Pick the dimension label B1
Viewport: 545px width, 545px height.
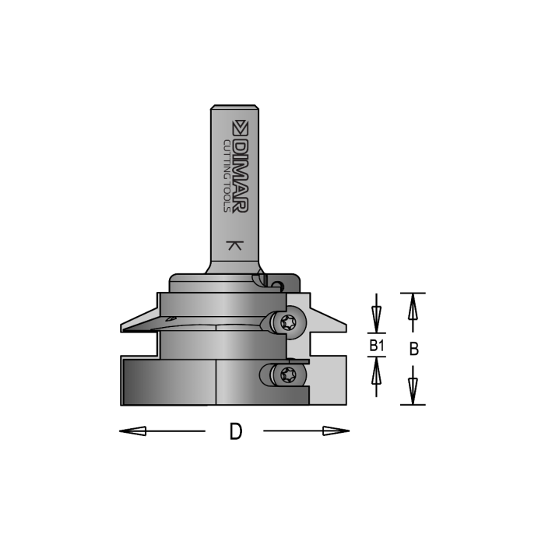[376, 343]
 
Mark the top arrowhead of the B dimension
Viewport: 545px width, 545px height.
[413, 305]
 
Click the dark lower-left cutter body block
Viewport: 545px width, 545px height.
[167, 381]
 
